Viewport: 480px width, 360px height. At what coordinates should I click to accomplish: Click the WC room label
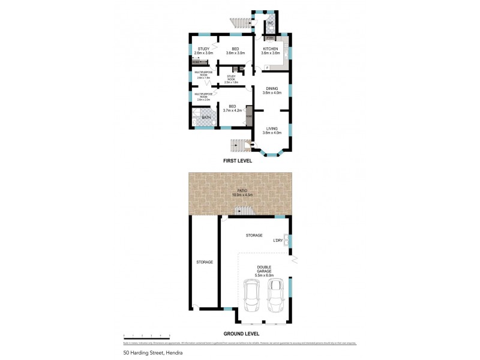(271, 23)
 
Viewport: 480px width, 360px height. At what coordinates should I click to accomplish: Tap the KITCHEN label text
(270, 48)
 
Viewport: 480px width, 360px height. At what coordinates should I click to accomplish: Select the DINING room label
(272, 89)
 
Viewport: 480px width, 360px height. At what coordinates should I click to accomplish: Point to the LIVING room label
(272, 128)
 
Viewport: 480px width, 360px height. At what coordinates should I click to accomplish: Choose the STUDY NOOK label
(231, 77)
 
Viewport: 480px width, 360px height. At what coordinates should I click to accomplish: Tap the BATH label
(206, 118)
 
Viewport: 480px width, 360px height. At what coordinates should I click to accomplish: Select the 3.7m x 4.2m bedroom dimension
(232, 110)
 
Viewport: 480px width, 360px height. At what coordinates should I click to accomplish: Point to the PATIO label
(241, 190)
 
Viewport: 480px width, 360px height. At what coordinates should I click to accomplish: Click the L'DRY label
(278, 241)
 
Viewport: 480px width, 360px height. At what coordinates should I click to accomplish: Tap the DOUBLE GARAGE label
(264, 269)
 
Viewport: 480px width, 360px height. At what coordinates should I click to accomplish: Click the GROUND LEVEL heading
(241, 333)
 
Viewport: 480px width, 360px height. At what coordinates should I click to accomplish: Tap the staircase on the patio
(244, 211)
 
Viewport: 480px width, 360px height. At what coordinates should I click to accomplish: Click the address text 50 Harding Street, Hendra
(152, 353)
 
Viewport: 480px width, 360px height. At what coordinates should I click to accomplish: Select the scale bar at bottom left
(146, 337)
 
